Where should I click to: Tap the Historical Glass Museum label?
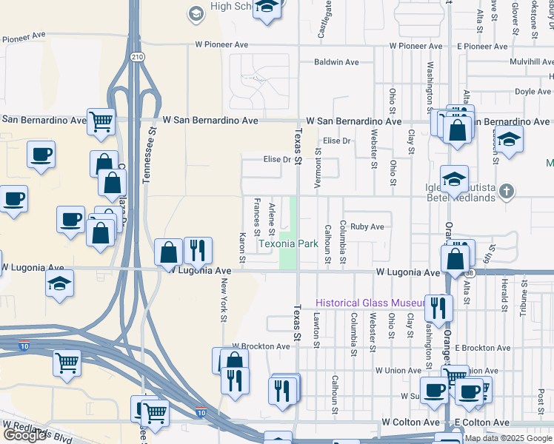pyautogui.click(x=368, y=303)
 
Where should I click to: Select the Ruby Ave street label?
pyautogui.click(x=367, y=227)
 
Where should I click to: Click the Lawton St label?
pyautogui.click(x=316, y=329)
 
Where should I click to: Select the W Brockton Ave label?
pyautogui.click(x=261, y=346)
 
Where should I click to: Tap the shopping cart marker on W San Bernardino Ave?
pyautogui.click(x=101, y=121)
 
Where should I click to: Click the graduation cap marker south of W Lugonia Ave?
pyautogui.click(x=59, y=283)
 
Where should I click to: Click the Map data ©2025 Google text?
pyautogui.click(x=508, y=438)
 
